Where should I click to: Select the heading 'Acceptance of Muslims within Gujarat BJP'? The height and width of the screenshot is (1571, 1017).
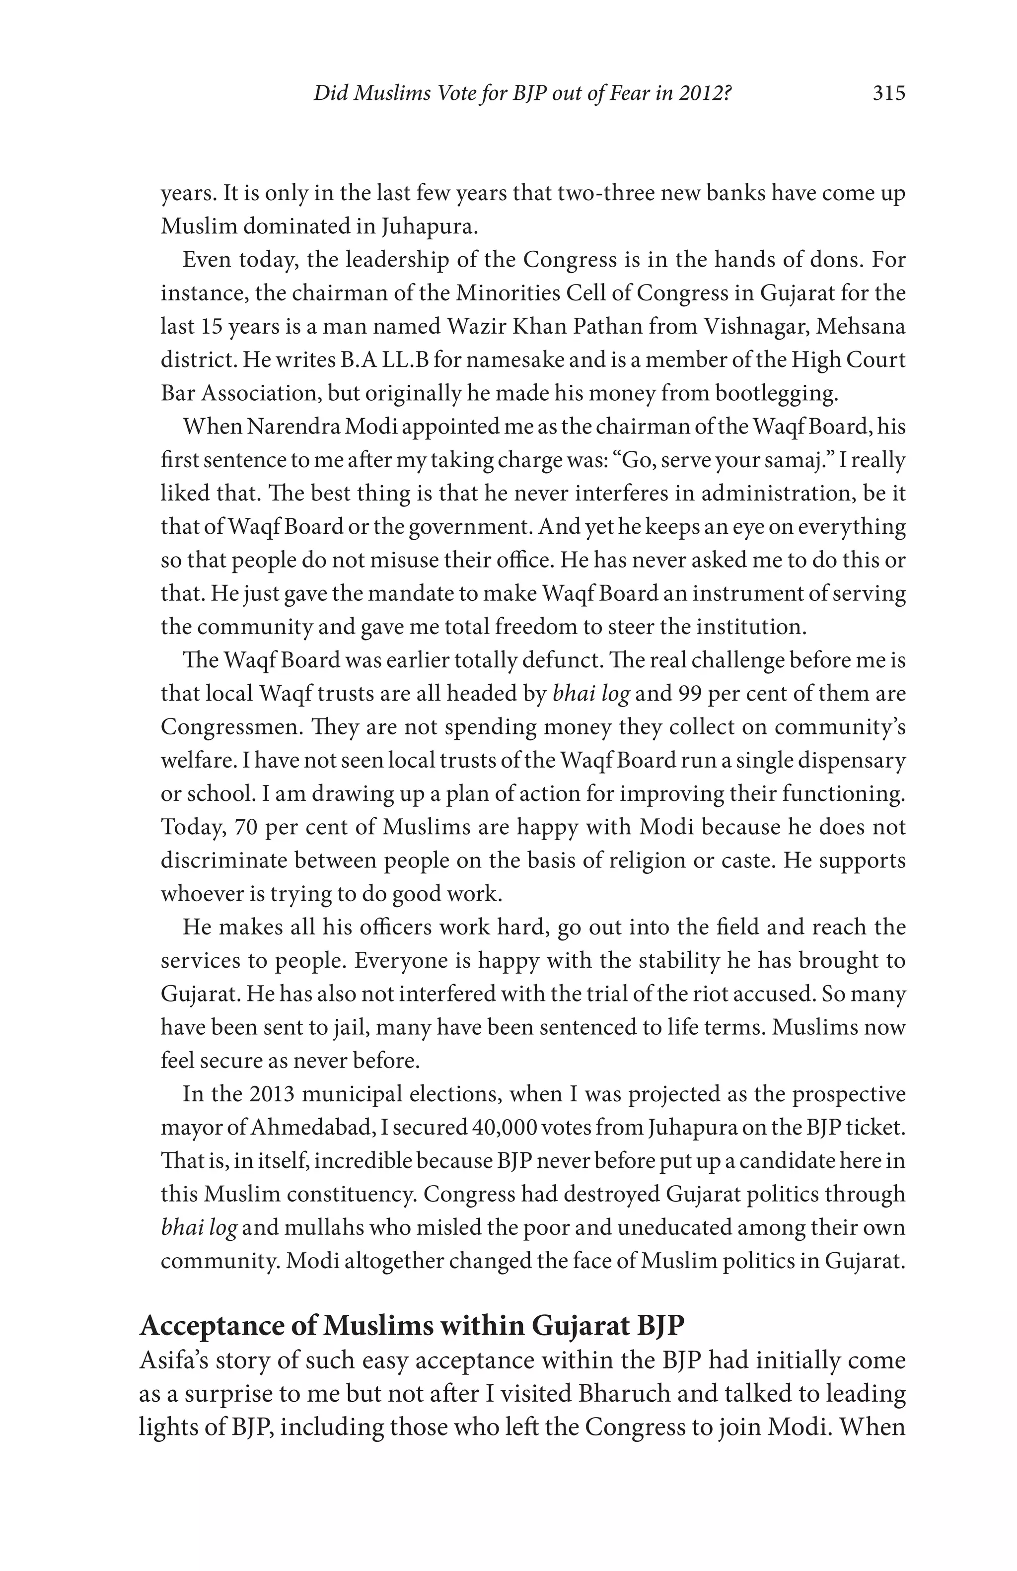(412, 1325)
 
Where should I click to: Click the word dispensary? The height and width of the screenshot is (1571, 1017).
(851, 760)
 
